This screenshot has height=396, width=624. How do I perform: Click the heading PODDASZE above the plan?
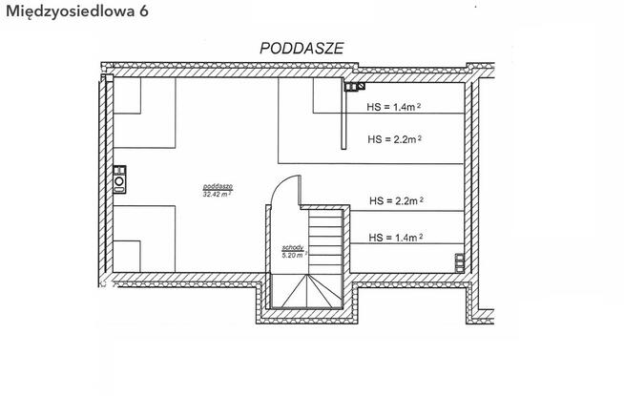(x=302, y=48)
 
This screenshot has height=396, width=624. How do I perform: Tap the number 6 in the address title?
(x=144, y=10)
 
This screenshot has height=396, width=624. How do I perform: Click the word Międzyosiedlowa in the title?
(x=71, y=11)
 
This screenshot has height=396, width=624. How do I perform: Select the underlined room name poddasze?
(x=218, y=186)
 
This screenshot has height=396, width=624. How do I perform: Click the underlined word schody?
(x=293, y=247)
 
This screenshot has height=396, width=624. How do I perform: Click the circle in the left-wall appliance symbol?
(x=119, y=181)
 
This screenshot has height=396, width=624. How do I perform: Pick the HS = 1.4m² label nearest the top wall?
(x=394, y=107)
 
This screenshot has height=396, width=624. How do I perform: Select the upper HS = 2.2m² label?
(x=394, y=139)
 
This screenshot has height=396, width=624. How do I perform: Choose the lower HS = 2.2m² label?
(x=396, y=200)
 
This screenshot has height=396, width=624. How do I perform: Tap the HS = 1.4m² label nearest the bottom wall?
(x=396, y=238)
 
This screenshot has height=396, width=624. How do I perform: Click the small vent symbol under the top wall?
(x=355, y=87)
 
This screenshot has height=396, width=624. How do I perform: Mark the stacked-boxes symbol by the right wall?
(x=460, y=263)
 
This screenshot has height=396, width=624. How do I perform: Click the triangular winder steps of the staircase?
(x=306, y=291)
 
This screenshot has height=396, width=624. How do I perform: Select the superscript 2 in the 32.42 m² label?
(x=230, y=192)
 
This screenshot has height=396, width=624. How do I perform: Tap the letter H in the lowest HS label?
(x=372, y=238)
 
